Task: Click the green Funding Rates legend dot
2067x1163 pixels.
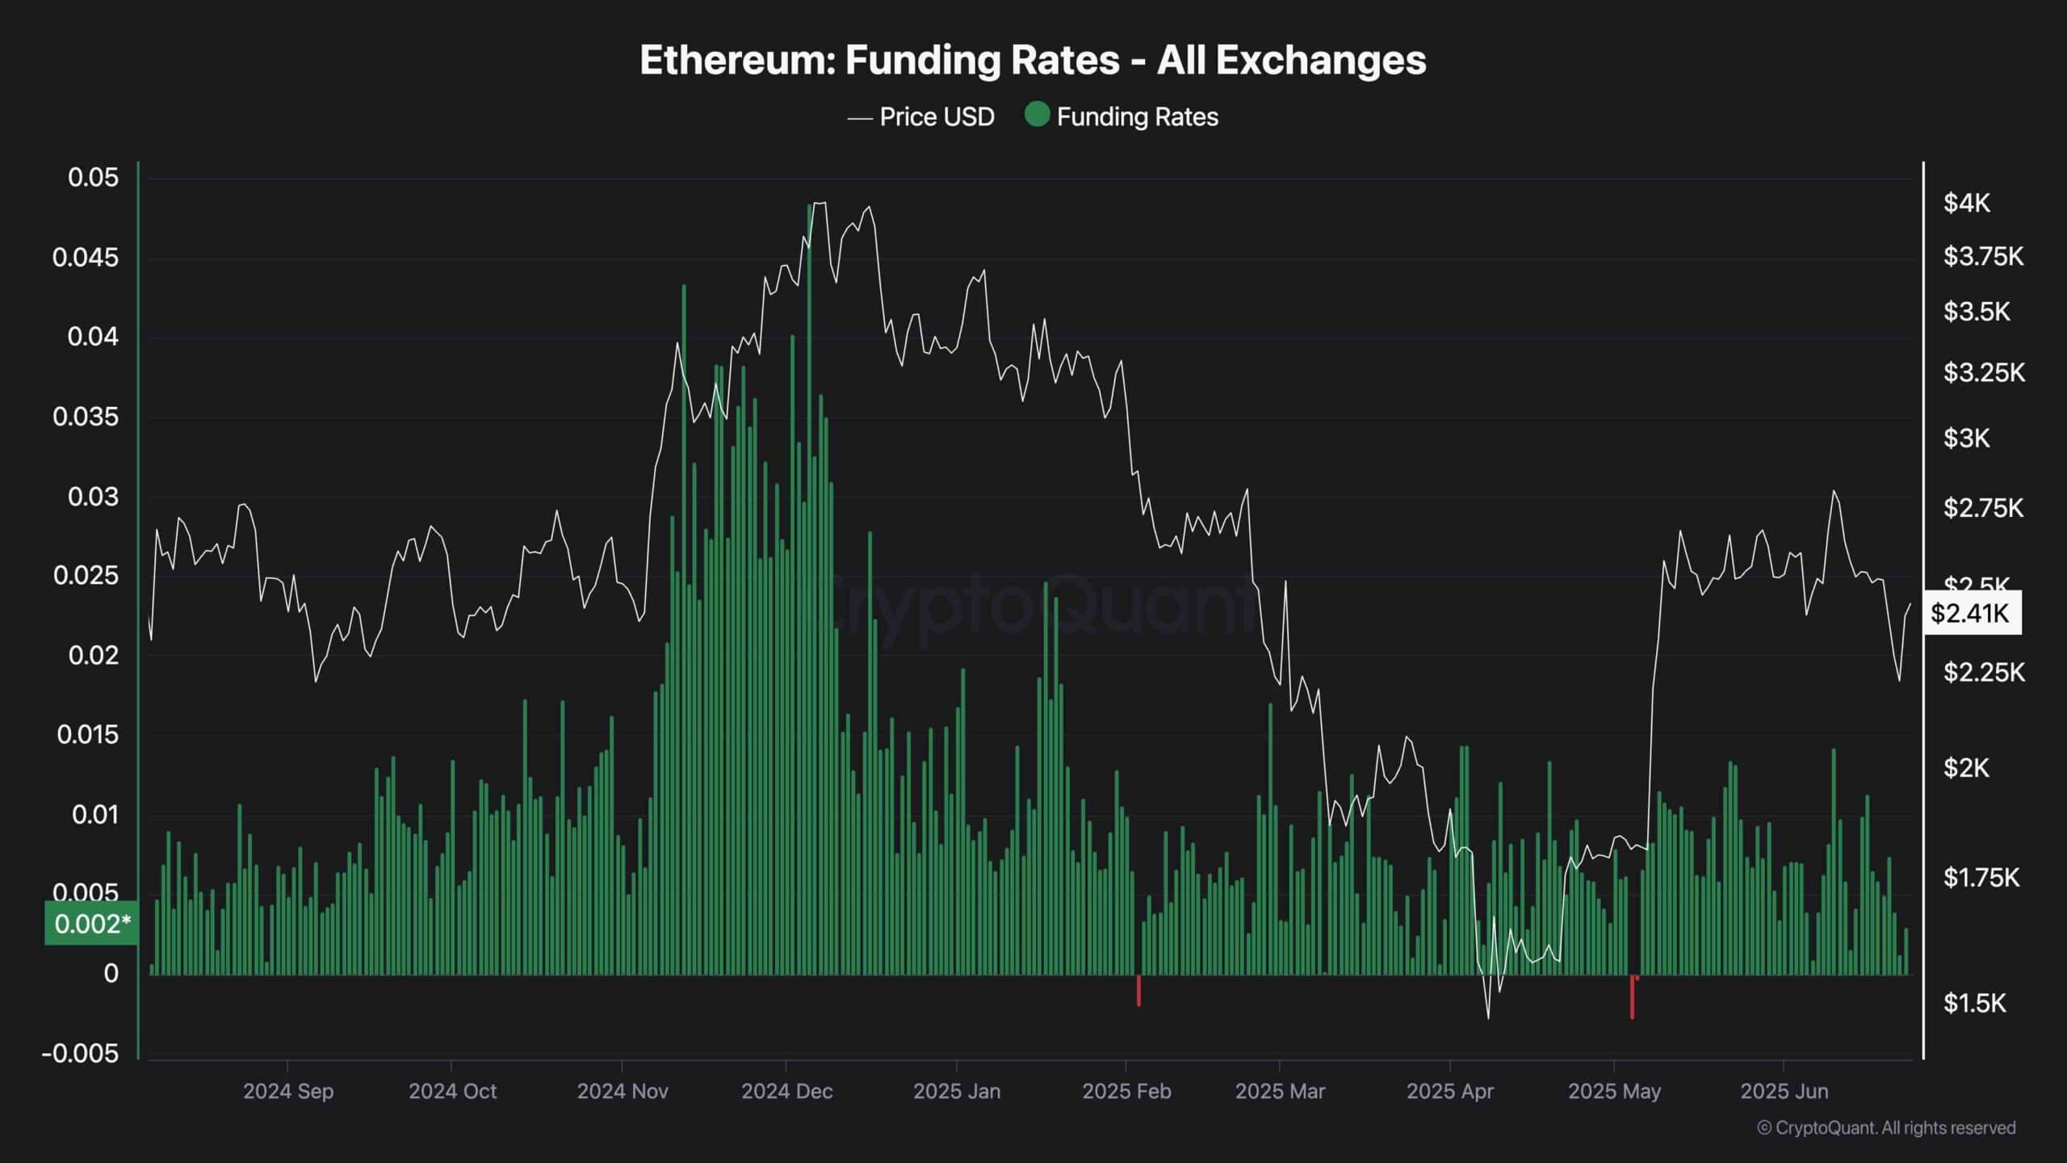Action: point(1037,115)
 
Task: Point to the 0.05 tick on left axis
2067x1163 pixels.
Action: point(93,178)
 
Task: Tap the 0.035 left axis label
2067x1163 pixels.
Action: point(85,417)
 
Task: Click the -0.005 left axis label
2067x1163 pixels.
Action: point(80,1053)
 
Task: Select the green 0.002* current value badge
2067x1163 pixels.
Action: point(91,923)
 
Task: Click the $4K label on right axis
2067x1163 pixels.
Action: point(1967,204)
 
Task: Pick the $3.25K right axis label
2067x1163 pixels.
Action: point(1984,373)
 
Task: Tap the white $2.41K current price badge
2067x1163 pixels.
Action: point(1970,613)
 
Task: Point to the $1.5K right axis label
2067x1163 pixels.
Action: point(1974,1003)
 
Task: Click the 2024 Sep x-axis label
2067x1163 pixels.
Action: point(288,1091)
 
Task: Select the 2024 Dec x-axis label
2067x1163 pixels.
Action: point(786,1091)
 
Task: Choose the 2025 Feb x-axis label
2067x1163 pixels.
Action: point(1126,1091)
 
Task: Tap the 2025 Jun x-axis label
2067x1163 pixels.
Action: point(1784,1091)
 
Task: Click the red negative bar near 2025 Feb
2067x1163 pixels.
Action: point(1138,990)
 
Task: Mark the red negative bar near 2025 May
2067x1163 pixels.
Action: point(1632,997)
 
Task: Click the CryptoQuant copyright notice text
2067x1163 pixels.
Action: point(1886,1128)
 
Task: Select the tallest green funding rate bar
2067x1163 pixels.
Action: point(809,565)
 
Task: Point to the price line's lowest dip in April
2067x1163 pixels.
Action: point(1488,1016)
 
